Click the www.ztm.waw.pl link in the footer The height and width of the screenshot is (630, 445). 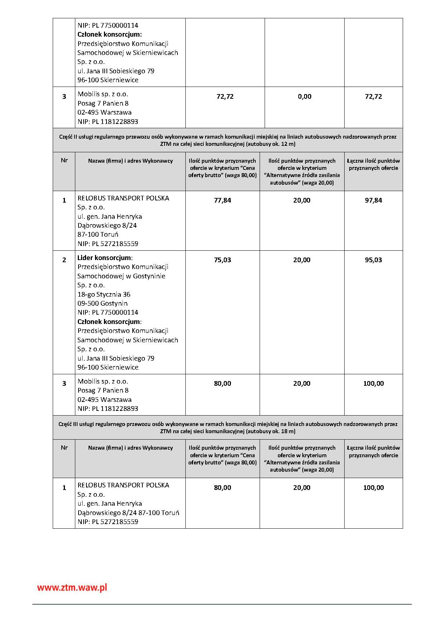(x=72, y=588)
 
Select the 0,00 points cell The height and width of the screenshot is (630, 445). (x=304, y=97)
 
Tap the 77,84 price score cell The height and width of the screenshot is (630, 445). (x=222, y=200)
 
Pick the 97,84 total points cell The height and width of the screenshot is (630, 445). (x=373, y=200)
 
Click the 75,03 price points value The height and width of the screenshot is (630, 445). (x=222, y=260)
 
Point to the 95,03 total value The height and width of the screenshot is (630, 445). (x=373, y=260)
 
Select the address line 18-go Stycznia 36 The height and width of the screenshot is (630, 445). (x=104, y=295)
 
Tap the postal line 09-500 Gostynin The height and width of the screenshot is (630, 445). (x=103, y=304)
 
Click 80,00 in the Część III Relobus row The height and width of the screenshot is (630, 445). (x=222, y=488)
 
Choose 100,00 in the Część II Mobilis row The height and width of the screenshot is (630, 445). (x=373, y=384)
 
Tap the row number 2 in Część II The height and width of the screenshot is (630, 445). (x=64, y=260)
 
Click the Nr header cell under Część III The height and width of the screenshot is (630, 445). (x=64, y=448)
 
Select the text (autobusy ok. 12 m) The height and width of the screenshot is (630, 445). (x=271, y=144)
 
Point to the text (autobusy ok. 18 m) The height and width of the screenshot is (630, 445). (x=271, y=431)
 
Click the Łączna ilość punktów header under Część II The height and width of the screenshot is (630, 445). (x=373, y=165)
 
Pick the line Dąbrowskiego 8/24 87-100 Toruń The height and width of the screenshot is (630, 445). (x=128, y=513)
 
